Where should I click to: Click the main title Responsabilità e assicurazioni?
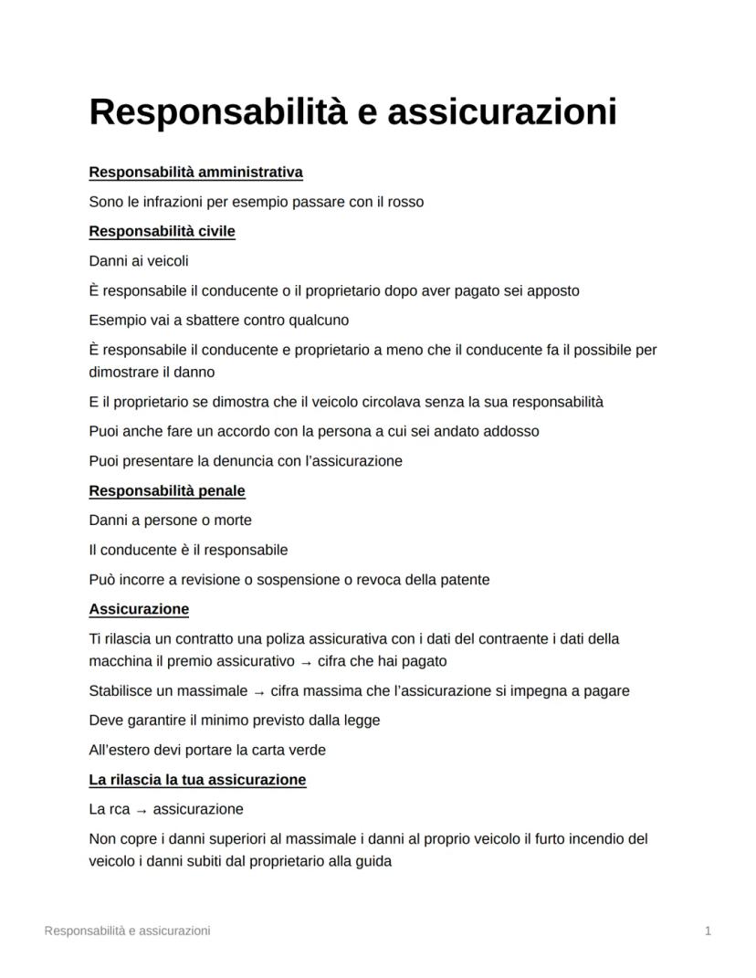tap(352, 112)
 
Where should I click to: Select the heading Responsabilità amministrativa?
tap(195, 172)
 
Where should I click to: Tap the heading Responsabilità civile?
tap(162, 231)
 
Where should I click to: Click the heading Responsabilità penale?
tap(167, 490)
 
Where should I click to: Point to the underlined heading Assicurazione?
tap(139, 608)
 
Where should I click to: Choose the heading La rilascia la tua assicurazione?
tap(197, 780)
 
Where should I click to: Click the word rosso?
tap(405, 202)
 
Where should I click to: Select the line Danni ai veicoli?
tap(139, 261)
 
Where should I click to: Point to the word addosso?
tap(511, 431)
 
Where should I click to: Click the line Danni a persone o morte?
tap(170, 521)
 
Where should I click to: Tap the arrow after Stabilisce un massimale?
tap(259, 691)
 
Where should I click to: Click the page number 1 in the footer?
tap(708, 931)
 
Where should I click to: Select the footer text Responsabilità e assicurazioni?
tap(127, 931)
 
